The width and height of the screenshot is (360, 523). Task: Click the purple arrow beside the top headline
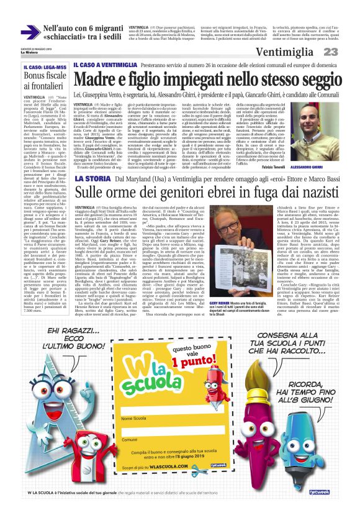click(29, 32)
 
